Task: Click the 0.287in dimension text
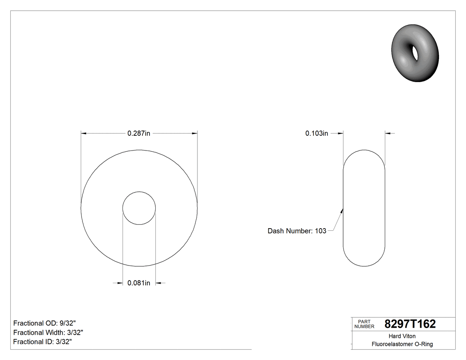138,133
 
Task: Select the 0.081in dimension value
138,283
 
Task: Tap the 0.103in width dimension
316,133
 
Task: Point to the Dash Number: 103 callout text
297,231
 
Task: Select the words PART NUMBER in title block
363,324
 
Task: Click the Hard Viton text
402,336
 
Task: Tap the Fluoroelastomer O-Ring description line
402,344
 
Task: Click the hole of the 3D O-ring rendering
416,53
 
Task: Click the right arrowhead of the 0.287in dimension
194,133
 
